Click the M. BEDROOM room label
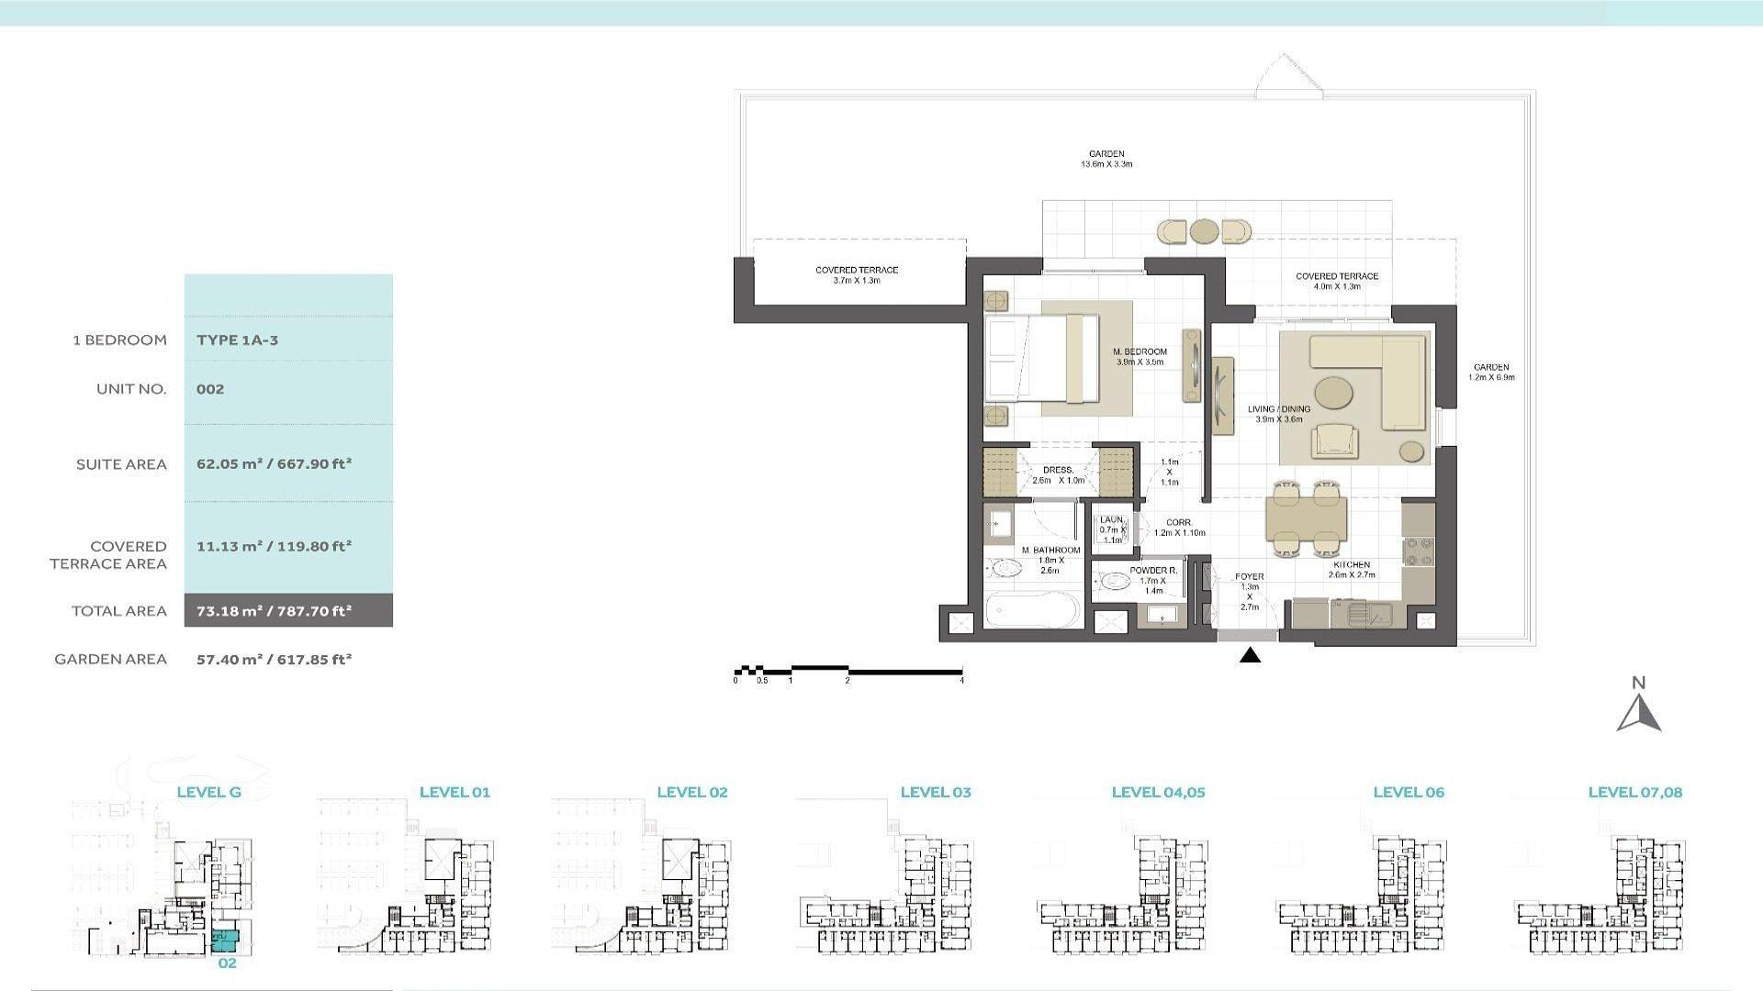1140,352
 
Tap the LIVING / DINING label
1278,409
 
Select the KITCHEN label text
1352,565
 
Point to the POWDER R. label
1152,571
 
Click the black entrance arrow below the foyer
1250,655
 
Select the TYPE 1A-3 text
237,340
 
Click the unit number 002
210,389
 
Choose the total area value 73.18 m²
274,611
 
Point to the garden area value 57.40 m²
274,659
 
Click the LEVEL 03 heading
935,792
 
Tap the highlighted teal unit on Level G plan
225,939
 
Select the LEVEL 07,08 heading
1634,792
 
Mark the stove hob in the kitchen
1418,550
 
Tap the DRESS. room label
1058,470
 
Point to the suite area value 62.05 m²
274,464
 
